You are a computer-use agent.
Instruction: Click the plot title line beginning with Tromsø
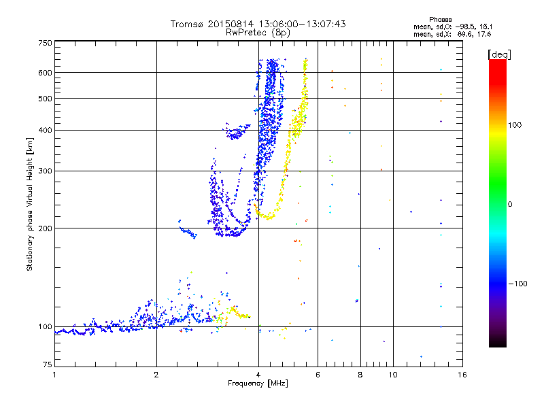258,24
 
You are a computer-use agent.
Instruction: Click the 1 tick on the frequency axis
54,375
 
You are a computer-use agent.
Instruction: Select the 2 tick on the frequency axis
156,375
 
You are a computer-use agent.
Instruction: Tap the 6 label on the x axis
318,375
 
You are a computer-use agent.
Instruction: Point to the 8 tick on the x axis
360,375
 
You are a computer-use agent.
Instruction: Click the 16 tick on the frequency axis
462,375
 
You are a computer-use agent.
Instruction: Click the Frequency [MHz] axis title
258,384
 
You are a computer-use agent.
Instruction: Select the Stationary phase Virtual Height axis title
30,205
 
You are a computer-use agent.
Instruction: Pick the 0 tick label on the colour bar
510,204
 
